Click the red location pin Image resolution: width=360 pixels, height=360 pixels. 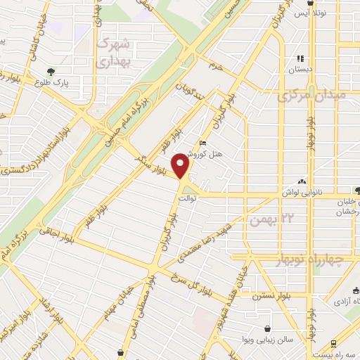pyautogui.click(x=182, y=165)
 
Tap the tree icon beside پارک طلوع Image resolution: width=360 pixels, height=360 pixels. pyautogui.click(x=51, y=72)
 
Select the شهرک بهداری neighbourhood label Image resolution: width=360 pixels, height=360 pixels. pyautogui.click(x=112, y=53)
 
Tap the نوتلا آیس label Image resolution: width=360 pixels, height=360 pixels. pyautogui.click(x=309, y=13)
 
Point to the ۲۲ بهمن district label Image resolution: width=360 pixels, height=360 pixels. pyautogui.click(x=266, y=221)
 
